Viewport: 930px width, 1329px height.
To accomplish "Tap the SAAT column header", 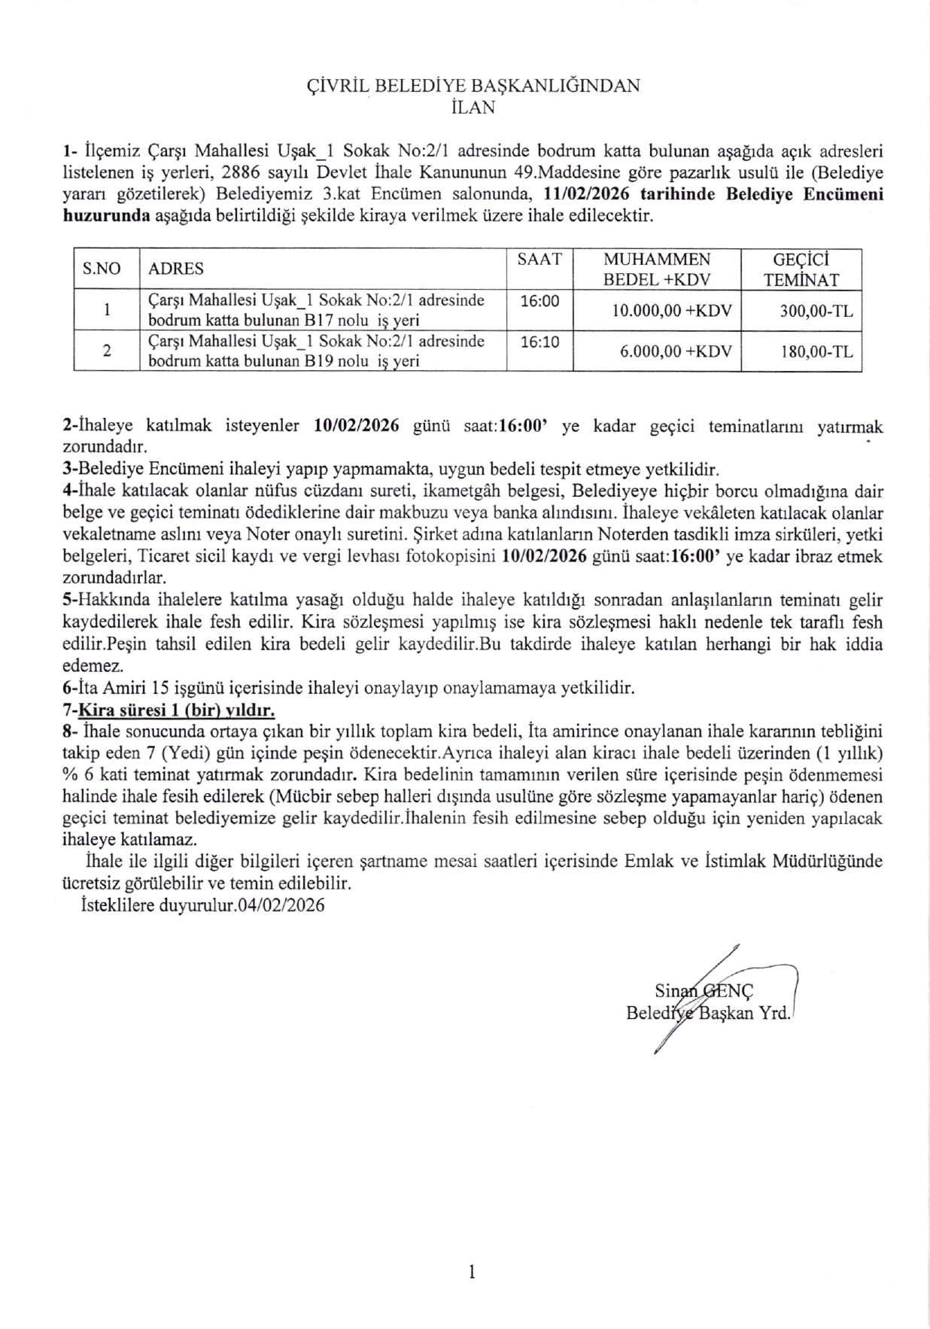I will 539,260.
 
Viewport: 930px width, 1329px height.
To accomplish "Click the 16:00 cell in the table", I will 539,301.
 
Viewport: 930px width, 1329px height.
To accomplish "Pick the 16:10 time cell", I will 539,342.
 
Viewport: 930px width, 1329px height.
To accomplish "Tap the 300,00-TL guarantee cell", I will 816,310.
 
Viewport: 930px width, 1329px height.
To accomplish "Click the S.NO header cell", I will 102,269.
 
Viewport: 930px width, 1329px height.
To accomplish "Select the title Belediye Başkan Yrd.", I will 708,1013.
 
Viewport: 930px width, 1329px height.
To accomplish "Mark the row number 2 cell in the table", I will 106,351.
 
